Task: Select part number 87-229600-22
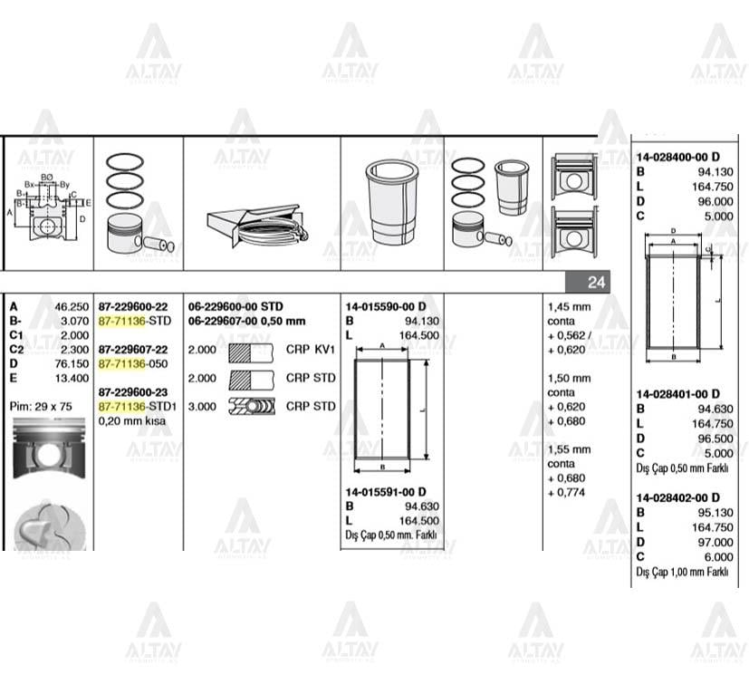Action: [x=133, y=307]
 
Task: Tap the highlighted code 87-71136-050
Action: [x=134, y=363]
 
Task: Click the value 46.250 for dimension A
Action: [x=72, y=307]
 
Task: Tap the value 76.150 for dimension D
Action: [x=72, y=363]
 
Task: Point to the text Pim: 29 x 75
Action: [x=42, y=406]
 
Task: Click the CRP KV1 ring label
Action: [x=311, y=350]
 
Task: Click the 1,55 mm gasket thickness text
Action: [x=569, y=449]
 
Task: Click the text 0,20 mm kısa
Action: [x=130, y=421]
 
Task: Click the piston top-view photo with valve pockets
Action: [x=49, y=526]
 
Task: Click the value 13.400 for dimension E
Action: [x=72, y=378]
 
